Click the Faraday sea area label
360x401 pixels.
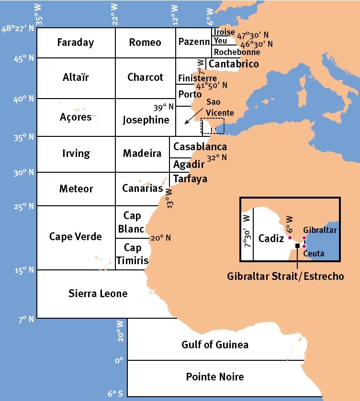(76, 43)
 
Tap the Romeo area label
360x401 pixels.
(145, 43)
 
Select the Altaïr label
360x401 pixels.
(76, 78)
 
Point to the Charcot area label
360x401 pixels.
(145, 78)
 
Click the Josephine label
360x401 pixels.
(146, 120)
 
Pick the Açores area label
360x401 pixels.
(76, 117)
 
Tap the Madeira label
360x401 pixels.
(142, 154)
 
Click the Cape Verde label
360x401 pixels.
(76, 237)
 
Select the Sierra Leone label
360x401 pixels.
(98, 293)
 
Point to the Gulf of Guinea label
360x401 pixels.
(215, 345)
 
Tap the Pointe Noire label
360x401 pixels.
(215, 377)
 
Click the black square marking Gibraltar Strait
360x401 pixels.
(298, 245)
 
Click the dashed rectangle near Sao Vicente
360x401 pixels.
(213, 126)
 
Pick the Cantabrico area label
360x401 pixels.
(234, 64)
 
